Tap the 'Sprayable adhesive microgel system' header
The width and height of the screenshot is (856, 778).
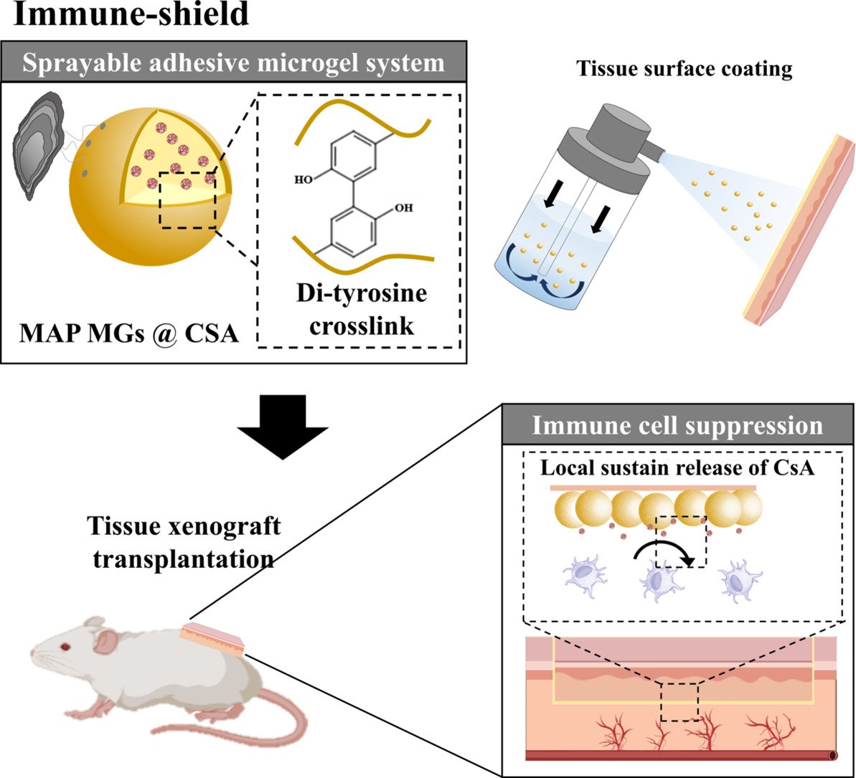pyautogui.click(x=234, y=62)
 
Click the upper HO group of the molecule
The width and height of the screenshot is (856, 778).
pyautogui.click(x=304, y=179)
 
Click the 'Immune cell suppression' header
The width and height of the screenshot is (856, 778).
pyautogui.click(x=677, y=426)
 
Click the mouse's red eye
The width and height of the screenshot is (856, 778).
pyautogui.click(x=65, y=647)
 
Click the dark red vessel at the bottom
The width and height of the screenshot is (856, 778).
pyautogui.click(x=678, y=755)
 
